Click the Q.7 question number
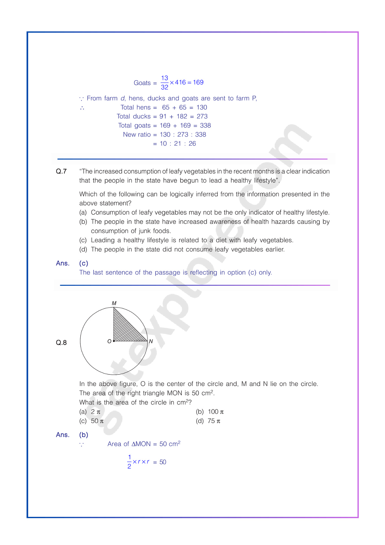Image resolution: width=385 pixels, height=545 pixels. pos(61,171)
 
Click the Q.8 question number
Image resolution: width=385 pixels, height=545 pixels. pos(61,342)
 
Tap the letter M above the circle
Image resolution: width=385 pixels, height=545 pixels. pos(114,303)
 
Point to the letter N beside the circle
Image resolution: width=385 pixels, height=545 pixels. pos(151,341)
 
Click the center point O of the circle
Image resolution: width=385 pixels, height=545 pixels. pos(114,341)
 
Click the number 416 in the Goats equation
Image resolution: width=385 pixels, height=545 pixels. pos(180,82)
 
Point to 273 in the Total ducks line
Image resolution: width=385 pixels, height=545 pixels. pos(202,116)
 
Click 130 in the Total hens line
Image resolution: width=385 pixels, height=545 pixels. pos(202,107)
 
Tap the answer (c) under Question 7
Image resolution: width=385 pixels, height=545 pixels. pos(84,263)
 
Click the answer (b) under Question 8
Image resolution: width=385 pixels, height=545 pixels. pos(84,435)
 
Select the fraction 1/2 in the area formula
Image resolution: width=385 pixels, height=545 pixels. pos(129,462)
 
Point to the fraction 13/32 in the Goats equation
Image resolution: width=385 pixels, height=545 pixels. pos(164,83)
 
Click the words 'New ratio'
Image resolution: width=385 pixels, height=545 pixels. pos(137,134)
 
